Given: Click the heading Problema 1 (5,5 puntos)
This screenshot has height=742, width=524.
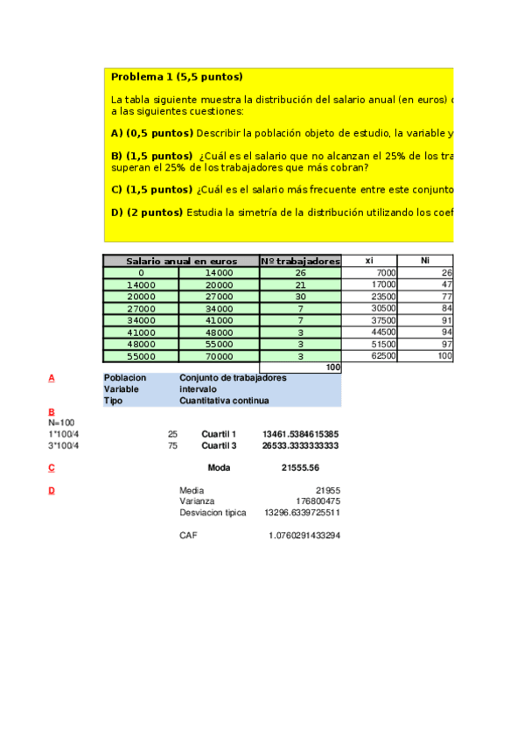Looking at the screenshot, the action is pyautogui.click(x=177, y=77).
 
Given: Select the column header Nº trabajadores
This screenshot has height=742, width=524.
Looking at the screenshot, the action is pyautogui.click(x=300, y=261).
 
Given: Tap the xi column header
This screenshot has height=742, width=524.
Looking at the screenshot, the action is pyautogui.click(x=368, y=261).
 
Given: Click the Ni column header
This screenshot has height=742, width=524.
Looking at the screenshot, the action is pyautogui.click(x=425, y=261).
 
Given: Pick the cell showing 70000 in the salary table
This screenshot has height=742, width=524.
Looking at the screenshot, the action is pyautogui.click(x=219, y=356).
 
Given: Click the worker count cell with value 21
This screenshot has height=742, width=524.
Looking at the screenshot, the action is pyautogui.click(x=300, y=284).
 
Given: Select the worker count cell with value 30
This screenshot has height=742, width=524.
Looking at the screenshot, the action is pyautogui.click(x=300, y=297).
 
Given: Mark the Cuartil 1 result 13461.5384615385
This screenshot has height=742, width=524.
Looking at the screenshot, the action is pyautogui.click(x=301, y=434).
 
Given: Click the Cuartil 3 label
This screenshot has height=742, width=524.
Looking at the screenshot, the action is pyautogui.click(x=219, y=445).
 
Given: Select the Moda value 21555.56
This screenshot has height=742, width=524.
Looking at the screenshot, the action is pyautogui.click(x=300, y=468).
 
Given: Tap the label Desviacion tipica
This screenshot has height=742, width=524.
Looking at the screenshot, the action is pyautogui.click(x=213, y=513).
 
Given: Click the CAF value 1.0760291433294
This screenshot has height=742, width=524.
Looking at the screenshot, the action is pyautogui.click(x=304, y=535).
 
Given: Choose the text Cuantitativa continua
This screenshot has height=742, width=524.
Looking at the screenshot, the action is pyautogui.click(x=224, y=401).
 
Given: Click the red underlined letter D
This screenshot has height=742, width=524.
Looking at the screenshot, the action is pyautogui.click(x=52, y=491).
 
